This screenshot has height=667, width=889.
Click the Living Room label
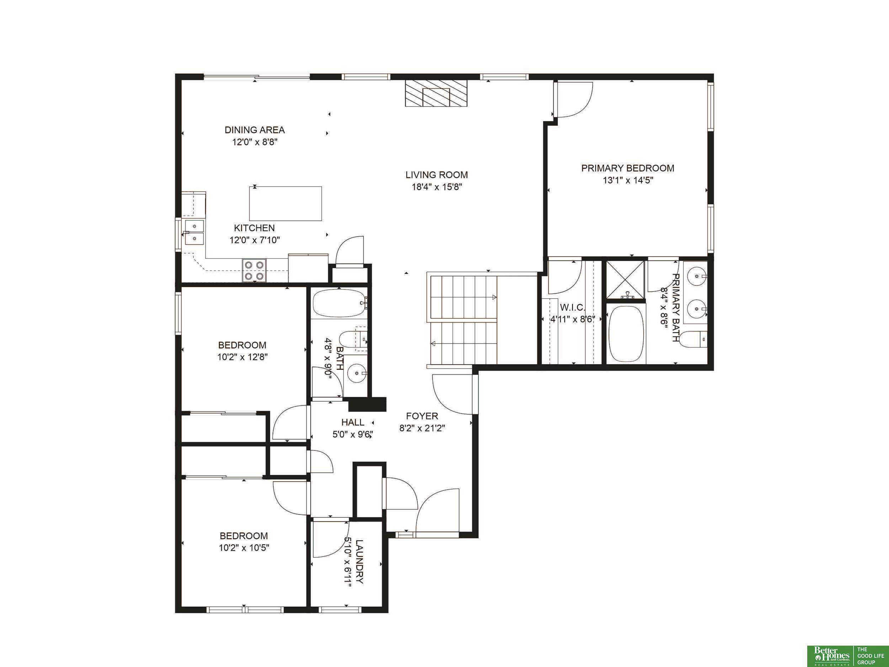[x=436, y=175]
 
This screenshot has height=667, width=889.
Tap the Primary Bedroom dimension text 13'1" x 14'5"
[x=628, y=180]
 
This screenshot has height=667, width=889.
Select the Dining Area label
[x=254, y=130]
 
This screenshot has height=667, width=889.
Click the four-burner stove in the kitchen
[x=254, y=270]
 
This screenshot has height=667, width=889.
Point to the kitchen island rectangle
[x=285, y=203]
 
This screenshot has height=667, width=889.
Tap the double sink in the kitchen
[x=194, y=232]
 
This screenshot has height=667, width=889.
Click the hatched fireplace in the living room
[x=436, y=94]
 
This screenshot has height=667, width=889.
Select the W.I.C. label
[x=572, y=308]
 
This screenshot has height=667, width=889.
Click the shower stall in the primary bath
[x=625, y=280]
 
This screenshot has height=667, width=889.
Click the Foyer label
[x=422, y=416]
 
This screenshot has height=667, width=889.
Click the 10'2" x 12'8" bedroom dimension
[x=243, y=357]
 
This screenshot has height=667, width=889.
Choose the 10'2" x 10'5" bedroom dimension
[x=244, y=547]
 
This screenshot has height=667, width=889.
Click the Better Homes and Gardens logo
[x=831, y=655]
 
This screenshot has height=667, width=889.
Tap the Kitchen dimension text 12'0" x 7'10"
[x=254, y=240]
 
